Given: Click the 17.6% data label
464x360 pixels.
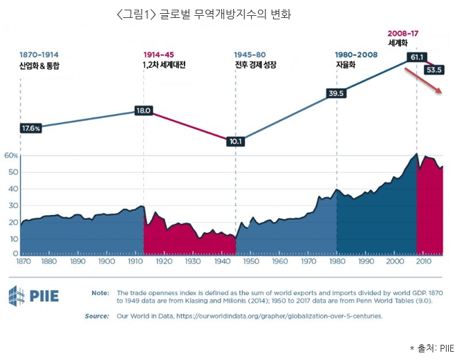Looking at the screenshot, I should point(31,128).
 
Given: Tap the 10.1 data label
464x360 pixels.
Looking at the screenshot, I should point(236,142).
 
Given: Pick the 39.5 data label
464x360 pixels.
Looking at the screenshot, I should point(336,93).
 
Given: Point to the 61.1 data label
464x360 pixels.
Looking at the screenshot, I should point(417,57).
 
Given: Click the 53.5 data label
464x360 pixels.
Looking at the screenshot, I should point(435,69).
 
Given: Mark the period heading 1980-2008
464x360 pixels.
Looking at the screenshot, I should point(356,54).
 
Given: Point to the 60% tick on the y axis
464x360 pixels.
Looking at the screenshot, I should point(10,155).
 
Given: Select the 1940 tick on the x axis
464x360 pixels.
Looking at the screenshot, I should point(222,262).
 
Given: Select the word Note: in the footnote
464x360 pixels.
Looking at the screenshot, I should point(100,293).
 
